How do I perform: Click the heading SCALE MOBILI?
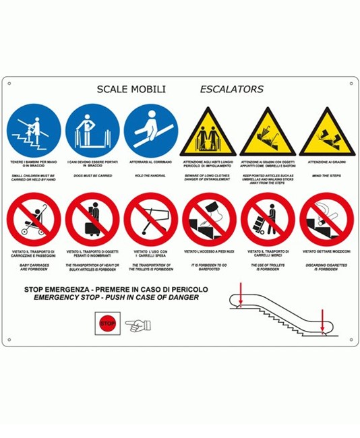click(131, 89)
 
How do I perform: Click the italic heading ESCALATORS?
click(231, 89)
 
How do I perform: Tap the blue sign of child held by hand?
click(34, 129)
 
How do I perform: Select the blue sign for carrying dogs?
click(92, 129)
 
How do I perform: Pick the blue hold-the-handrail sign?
click(151, 129)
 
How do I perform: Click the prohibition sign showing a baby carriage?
click(34, 219)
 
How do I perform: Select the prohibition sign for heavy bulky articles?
click(92, 219)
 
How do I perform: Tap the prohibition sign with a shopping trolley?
click(151, 219)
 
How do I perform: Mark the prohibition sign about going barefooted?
click(210, 219)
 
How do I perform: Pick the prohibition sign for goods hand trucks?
click(268, 219)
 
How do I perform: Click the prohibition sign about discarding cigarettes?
click(326, 219)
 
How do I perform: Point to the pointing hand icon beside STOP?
click(138, 325)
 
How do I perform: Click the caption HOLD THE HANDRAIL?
click(151, 176)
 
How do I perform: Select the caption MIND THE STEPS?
click(326, 176)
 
